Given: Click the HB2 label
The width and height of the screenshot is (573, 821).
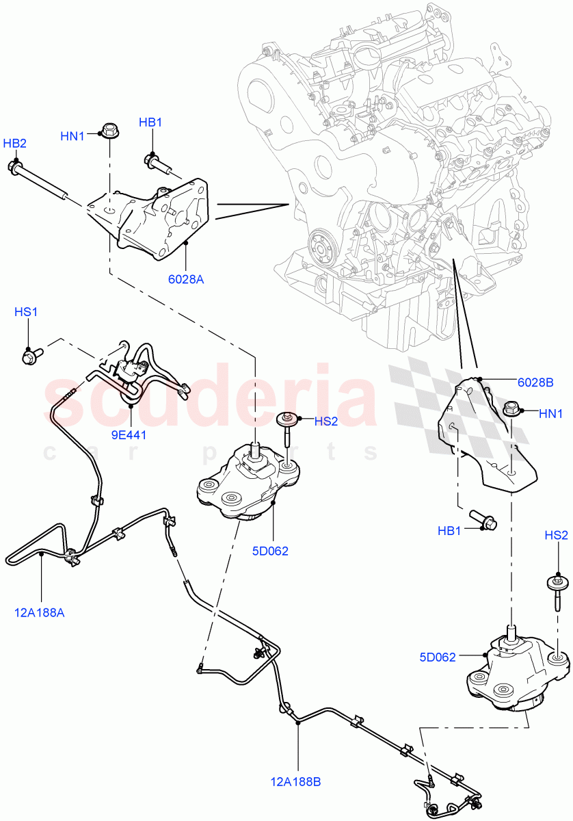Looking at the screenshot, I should pos(14,143).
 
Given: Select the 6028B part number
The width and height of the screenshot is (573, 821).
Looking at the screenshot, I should pos(535,383).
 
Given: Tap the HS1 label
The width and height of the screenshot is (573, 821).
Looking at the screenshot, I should pos(26,312).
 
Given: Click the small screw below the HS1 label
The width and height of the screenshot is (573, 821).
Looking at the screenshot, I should pos(31,355).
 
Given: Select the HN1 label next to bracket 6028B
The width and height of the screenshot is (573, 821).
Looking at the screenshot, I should pos(550,414).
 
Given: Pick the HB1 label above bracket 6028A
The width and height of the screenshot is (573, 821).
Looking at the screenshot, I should pos(150,122).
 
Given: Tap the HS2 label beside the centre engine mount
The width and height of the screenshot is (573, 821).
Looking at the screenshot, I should pos(326,421).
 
